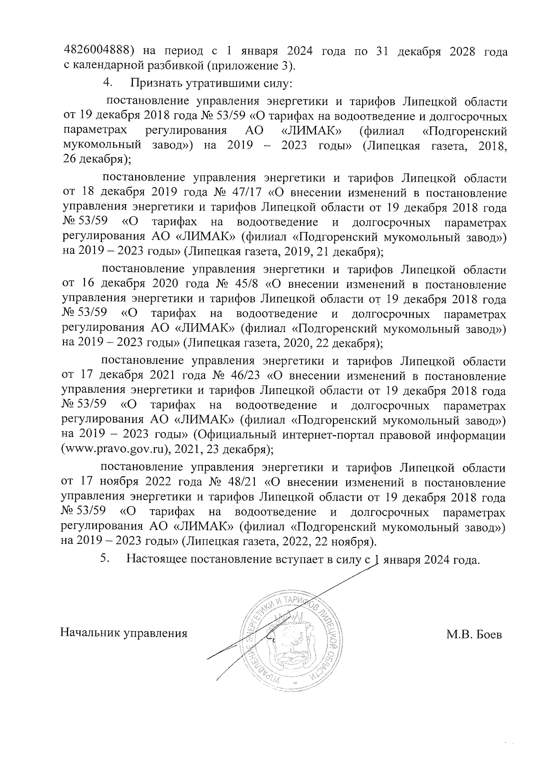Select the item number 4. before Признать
coord(108,83)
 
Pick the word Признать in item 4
coord(154,83)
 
